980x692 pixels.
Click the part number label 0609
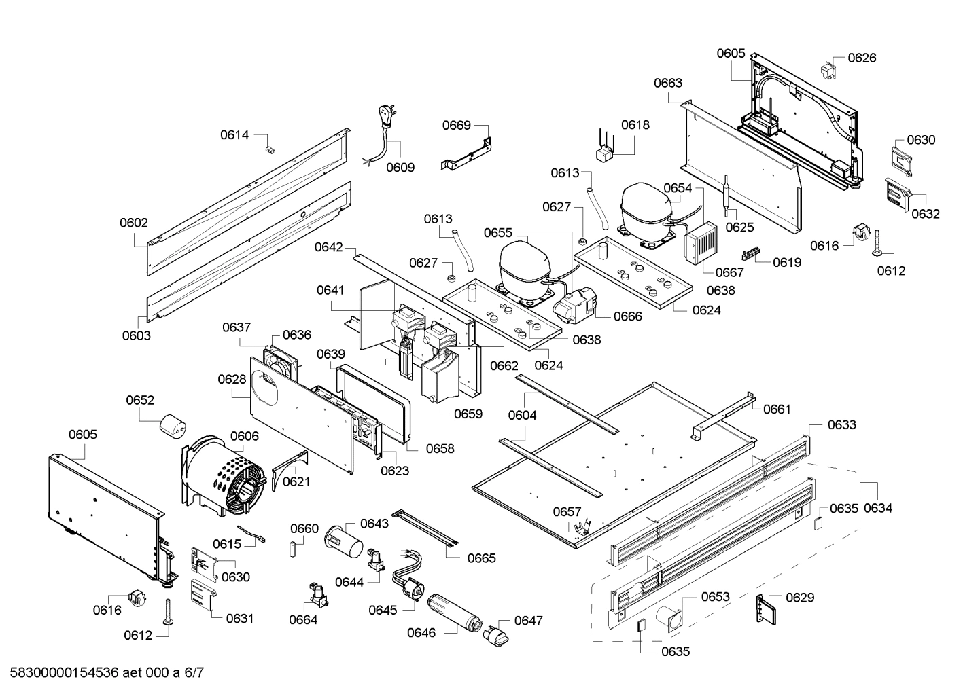pos(400,167)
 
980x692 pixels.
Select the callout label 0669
pos(456,125)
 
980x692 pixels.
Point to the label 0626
pos(862,58)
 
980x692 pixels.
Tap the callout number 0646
pos(421,633)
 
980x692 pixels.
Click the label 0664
pos(303,619)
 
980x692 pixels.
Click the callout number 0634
pos(877,508)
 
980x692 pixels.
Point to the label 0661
pos(777,409)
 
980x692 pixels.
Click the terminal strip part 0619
pos(752,255)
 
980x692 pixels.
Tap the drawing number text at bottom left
pos(103,673)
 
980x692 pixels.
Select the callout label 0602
pos(134,223)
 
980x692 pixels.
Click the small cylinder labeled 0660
pos(294,547)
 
